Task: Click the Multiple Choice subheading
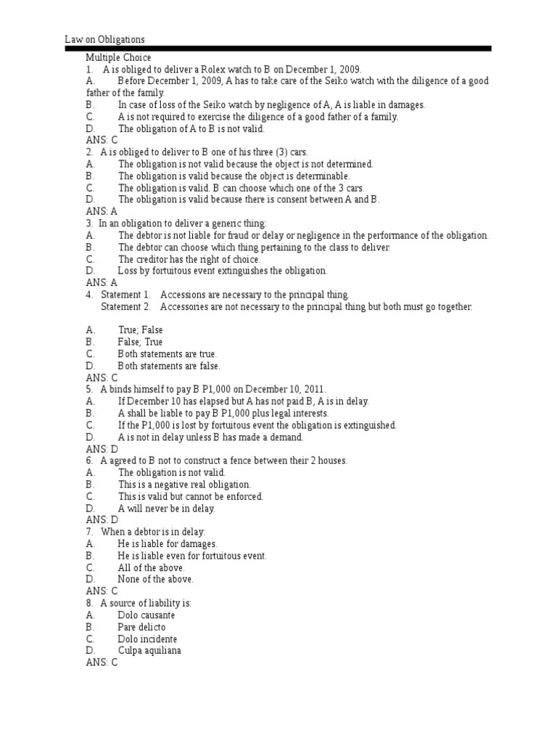pos(118,57)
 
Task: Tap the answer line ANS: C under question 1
pos(102,140)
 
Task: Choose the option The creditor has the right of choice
pos(189,259)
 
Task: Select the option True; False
pos(140,330)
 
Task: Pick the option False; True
pos(140,342)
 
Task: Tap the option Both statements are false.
pos(169,366)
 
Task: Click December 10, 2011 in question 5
pos(287,389)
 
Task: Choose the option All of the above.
pos(151,567)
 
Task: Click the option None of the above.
pos(155,579)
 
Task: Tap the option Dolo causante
pos(146,615)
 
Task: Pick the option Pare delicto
pos(141,627)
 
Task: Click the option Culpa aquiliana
pos(149,650)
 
